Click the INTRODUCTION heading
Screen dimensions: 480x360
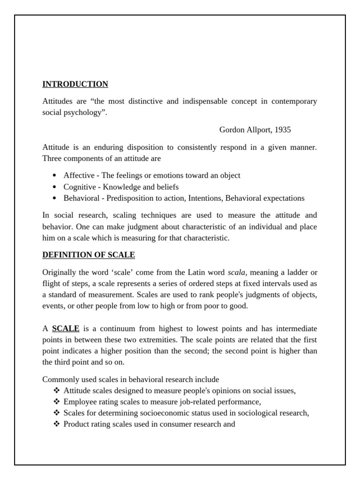(75, 84)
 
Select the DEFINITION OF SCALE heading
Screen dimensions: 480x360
(89, 255)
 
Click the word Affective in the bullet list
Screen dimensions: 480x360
(79, 175)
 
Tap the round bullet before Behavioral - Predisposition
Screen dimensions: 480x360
(55, 198)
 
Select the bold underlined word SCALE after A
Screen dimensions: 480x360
(66, 329)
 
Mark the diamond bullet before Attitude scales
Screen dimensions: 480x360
(57, 390)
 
